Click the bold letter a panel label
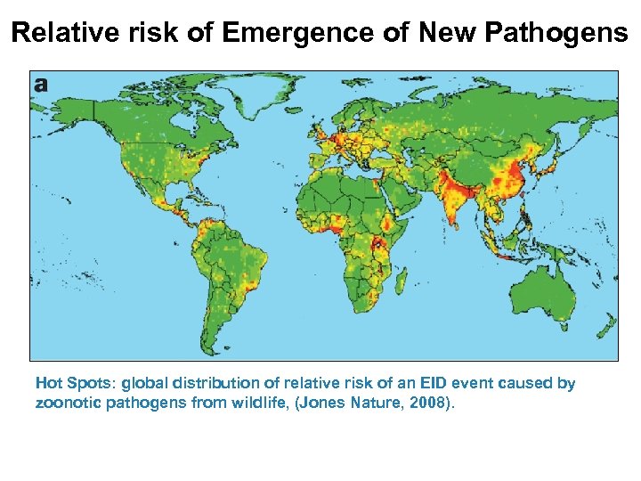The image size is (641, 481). click(41, 85)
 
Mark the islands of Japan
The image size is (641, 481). click(551, 165)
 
